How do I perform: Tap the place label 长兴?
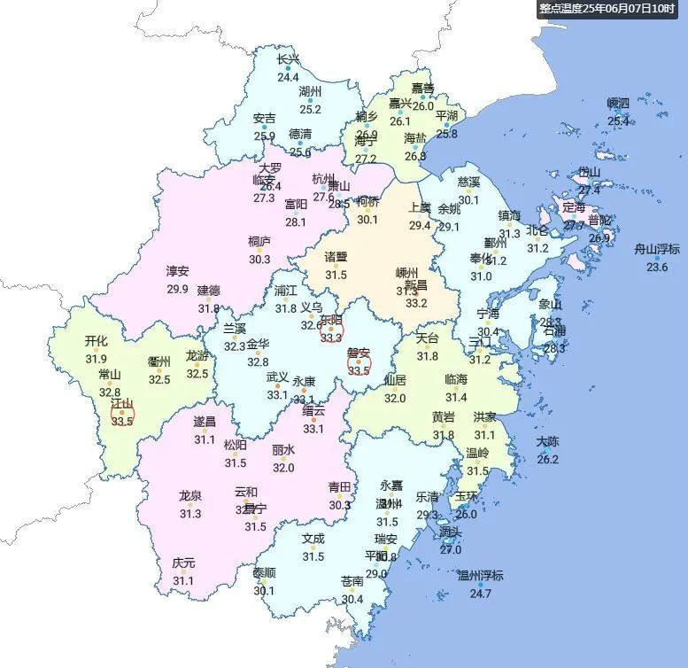[288, 60]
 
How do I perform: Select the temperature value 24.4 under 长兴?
[288, 77]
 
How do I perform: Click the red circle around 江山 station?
[122, 413]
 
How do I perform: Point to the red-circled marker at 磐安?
[358, 361]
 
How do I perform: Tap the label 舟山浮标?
[657, 249]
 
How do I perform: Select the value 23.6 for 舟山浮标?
[657, 267]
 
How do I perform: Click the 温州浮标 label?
[480, 576]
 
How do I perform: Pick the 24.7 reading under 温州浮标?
[480, 593]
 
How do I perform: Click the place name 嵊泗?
[618, 104]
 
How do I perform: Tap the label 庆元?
[183, 563]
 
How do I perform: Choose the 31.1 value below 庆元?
[183, 580]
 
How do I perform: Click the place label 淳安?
[177, 271]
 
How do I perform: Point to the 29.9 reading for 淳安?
[177, 288]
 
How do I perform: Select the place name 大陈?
[548, 442]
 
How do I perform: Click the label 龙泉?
[190, 496]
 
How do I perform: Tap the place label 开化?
[96, 341]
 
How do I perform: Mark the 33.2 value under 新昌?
[416, 303]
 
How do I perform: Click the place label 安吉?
[264, 118]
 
